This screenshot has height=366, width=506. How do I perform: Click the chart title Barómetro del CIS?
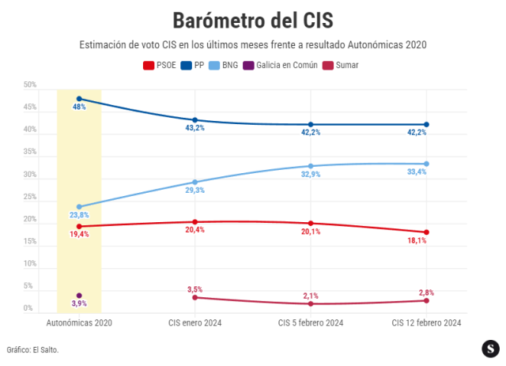pos(252,19)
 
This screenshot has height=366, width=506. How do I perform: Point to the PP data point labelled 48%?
pos(79,99)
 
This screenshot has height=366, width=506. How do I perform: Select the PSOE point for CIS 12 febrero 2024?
pos(426,232)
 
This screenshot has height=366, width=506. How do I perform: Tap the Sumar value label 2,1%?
pos(311,296)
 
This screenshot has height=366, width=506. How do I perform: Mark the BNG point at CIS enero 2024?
pos(195,182)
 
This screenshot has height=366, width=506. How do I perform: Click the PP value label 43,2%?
pos(194,128)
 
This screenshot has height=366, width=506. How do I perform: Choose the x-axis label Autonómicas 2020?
pos(79,323)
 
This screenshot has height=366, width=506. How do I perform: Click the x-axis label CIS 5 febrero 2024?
pos(311,323)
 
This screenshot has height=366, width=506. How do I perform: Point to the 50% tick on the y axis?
pos(30,85)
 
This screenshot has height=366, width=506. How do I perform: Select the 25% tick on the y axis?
pos(30,196)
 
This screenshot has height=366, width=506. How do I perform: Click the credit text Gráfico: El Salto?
pos(33,349)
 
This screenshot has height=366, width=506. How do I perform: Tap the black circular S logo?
pos(491,348)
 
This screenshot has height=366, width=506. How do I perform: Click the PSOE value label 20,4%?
pos(194,230)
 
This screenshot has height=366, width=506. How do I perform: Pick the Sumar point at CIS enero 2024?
pos(195,297)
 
